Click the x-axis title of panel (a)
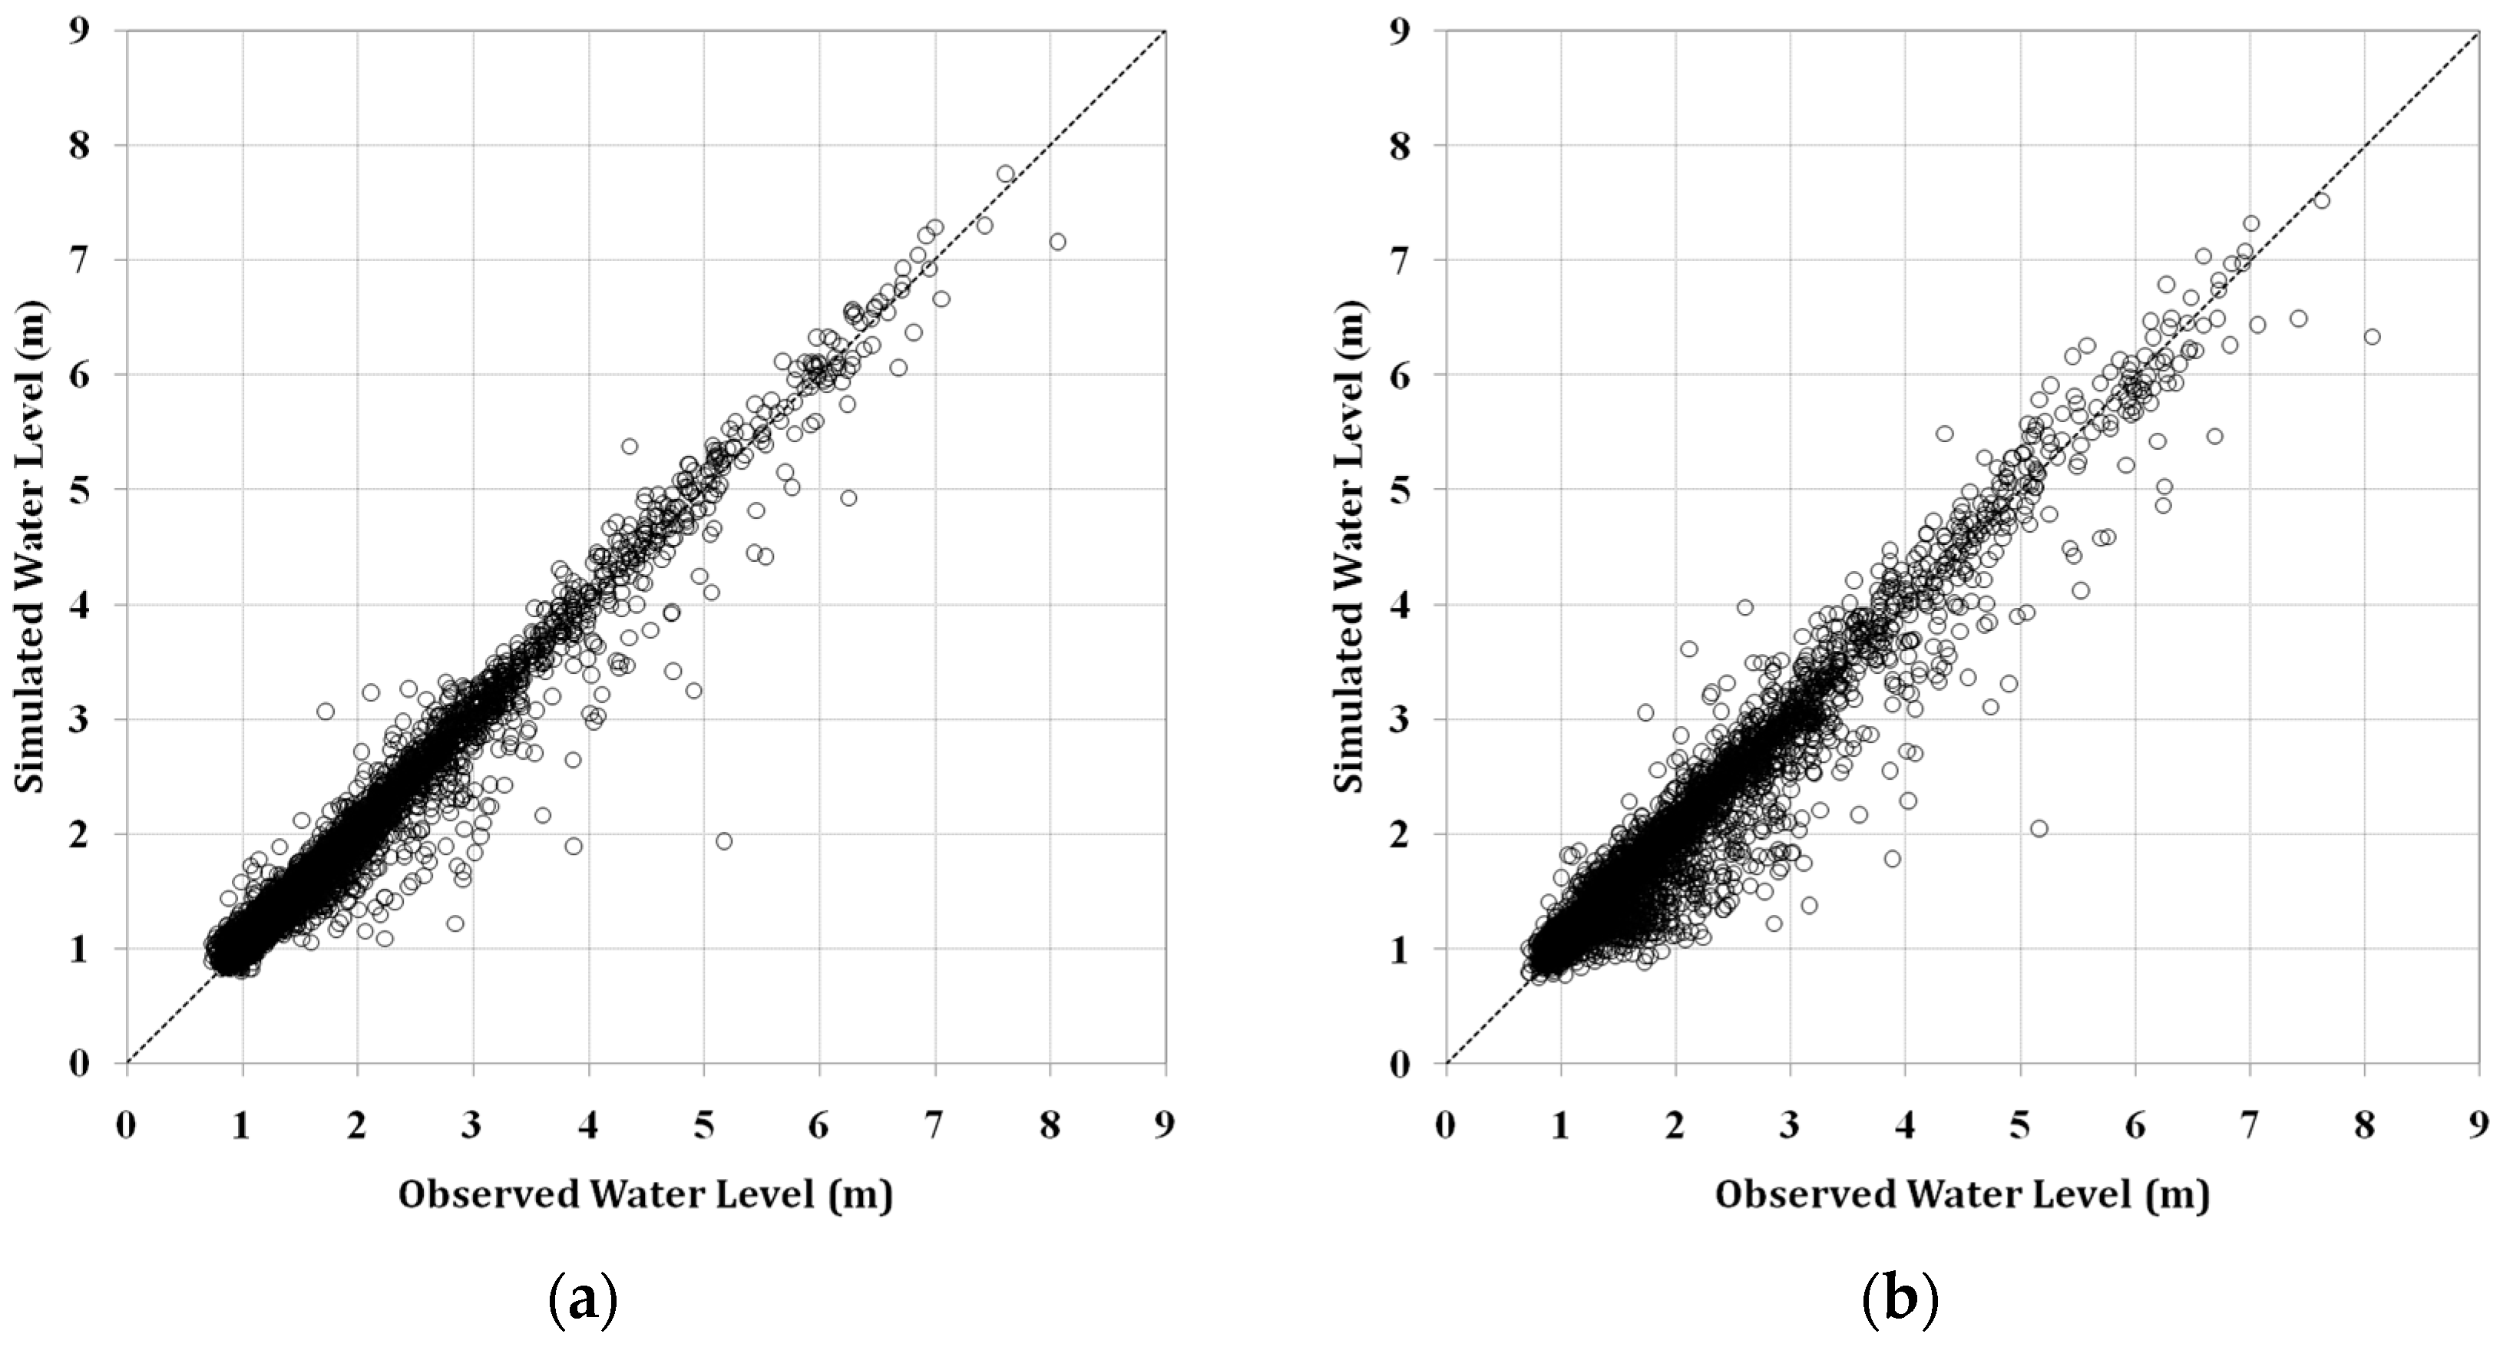pos(646,1194)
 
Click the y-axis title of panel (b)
pos(1348,543)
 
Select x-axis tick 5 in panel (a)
pos(703,1124)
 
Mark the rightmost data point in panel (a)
pos(1058,242)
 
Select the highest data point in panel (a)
pos(1005,173)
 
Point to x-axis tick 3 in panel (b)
pos(1791,1124)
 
